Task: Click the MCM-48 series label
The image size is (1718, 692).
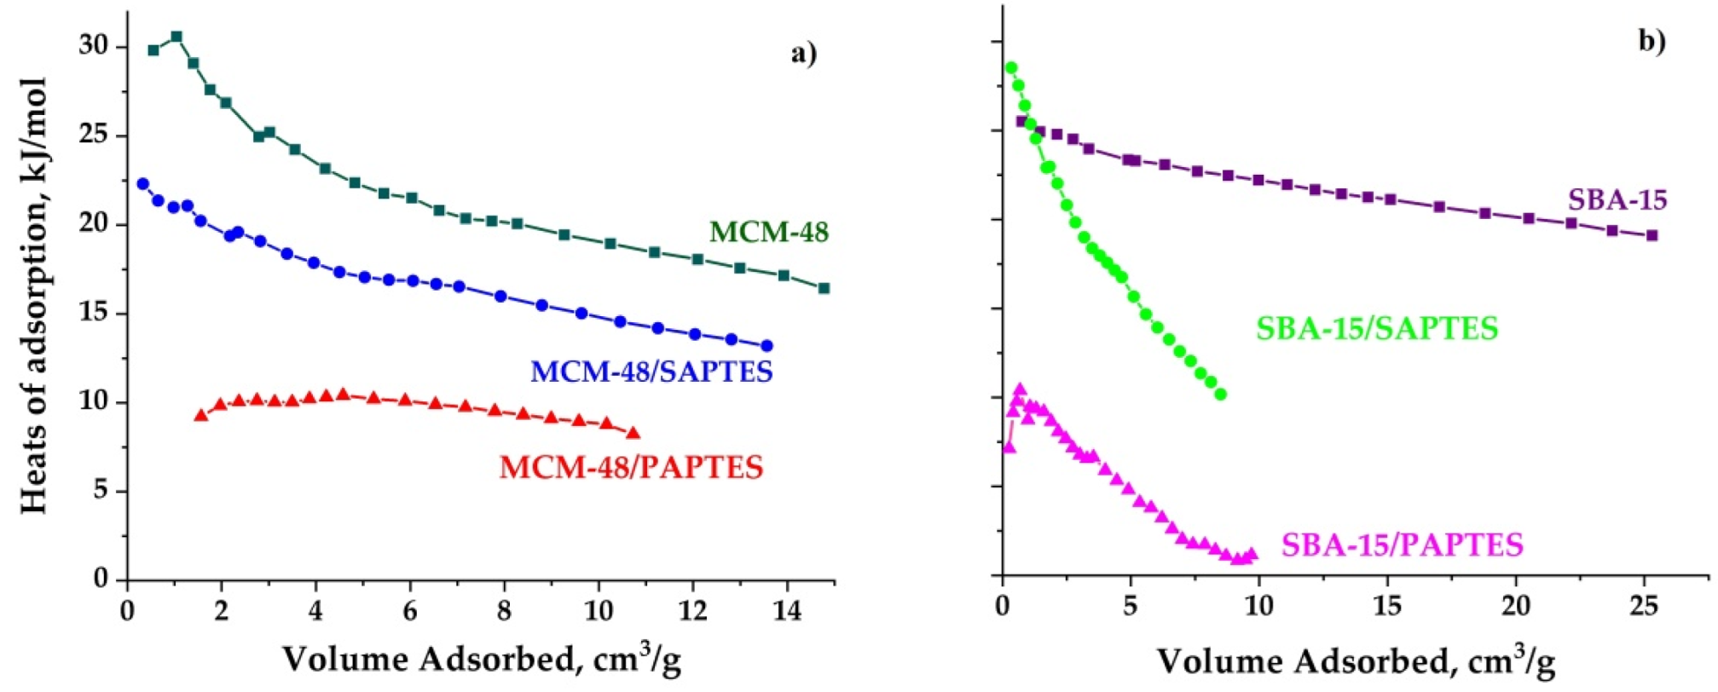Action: [x=768, y=233]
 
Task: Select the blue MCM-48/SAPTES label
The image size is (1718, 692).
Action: [x=651, y=372]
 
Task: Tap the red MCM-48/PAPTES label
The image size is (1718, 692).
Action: [x=631, y=468]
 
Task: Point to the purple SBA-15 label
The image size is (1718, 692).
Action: [x=1617, y=200]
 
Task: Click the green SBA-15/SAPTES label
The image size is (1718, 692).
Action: [x=1376, y=329]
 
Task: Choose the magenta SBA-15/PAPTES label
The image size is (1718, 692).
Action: [x=1402, y=545]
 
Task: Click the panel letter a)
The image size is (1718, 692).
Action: [x=802, y=54]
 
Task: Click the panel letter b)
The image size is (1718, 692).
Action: [x=1651, y=40]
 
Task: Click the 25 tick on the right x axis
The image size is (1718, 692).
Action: [x=1643, y=606]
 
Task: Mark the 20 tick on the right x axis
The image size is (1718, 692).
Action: [x=1515, y=606]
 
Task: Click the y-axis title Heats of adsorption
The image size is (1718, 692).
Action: [x=33, y=296]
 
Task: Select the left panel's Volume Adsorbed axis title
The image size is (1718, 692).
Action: [x=481, y=659]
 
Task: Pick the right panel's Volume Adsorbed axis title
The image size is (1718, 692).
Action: [x=1356, y=660]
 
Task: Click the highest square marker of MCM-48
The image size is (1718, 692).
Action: [x=176, y=37]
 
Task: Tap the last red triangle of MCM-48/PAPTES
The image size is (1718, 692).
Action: [x=633, y=433]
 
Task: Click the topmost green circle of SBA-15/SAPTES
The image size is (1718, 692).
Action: [x=1011, y=68]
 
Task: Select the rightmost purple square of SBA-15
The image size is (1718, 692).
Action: [x=1651, y=235]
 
